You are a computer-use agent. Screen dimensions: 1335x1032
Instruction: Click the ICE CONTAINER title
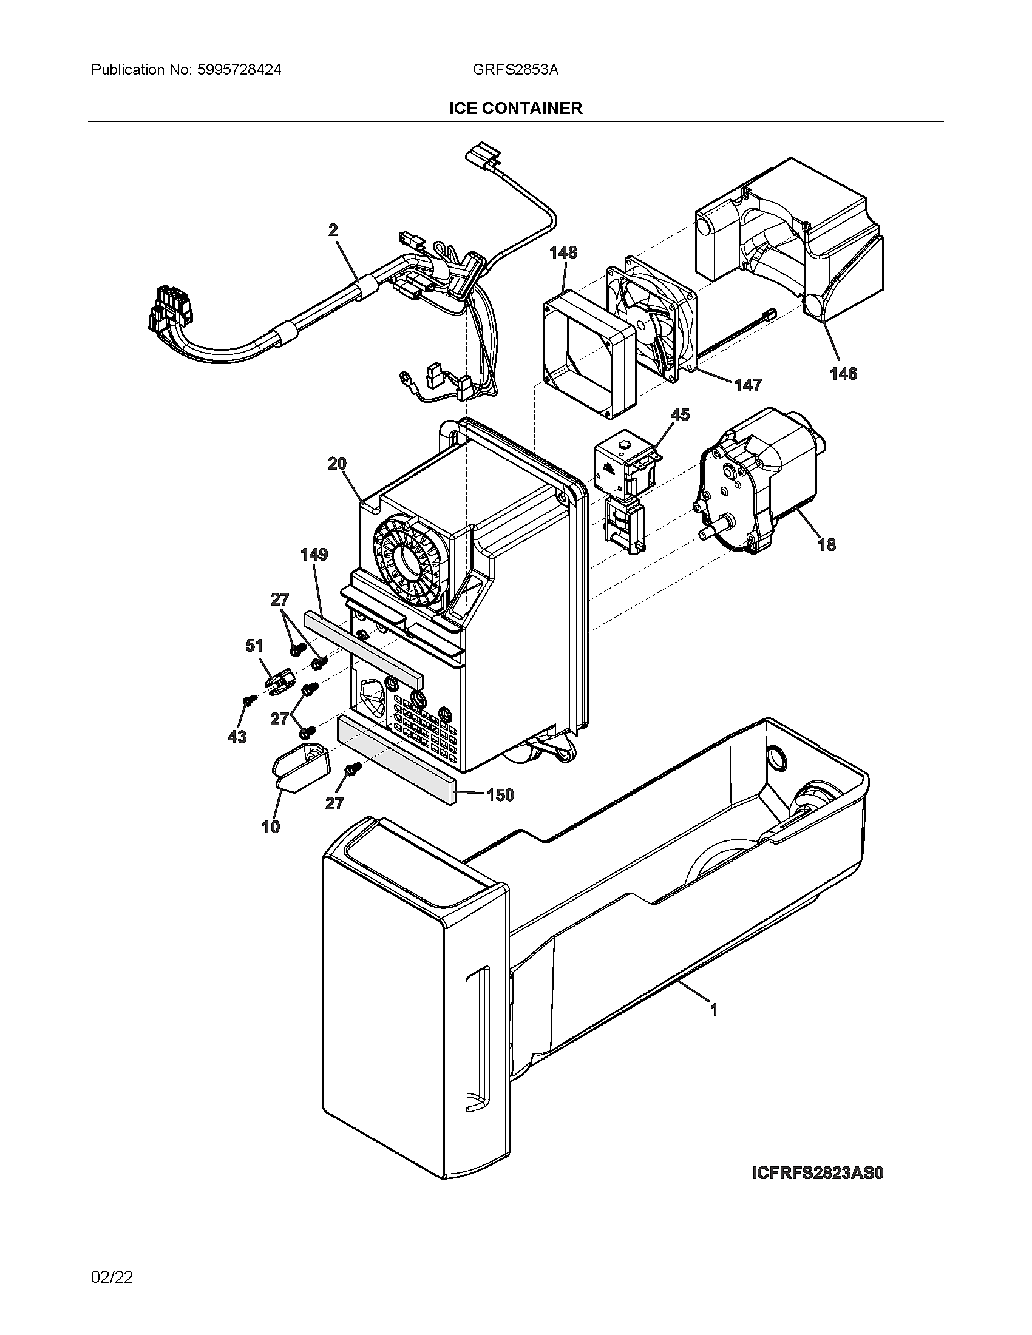[515, 108]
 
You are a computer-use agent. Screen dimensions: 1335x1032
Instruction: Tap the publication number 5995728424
[239, 70]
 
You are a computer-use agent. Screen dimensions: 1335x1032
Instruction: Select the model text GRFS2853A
[515, 70]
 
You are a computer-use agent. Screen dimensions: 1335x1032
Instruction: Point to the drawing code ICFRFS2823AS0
[818, 1173]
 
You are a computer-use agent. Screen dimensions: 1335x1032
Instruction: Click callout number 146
[843, 373]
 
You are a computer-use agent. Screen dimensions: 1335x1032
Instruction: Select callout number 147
[748, 385]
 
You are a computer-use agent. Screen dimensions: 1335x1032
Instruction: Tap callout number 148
[563, 252]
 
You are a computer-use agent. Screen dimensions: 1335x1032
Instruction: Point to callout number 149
[314, 554]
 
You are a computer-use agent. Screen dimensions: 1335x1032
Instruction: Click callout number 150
[500, 795]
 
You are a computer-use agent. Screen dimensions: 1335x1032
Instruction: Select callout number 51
[254, 646]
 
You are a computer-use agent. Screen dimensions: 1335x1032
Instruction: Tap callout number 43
[237, 737]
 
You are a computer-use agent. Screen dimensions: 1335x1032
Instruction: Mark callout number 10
[271, 826]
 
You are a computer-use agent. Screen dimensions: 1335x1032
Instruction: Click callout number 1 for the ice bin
[713, 1010]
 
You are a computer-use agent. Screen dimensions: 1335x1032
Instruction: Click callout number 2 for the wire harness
[333, 230]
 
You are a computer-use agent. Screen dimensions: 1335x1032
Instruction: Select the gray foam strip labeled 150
[398, 757]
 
